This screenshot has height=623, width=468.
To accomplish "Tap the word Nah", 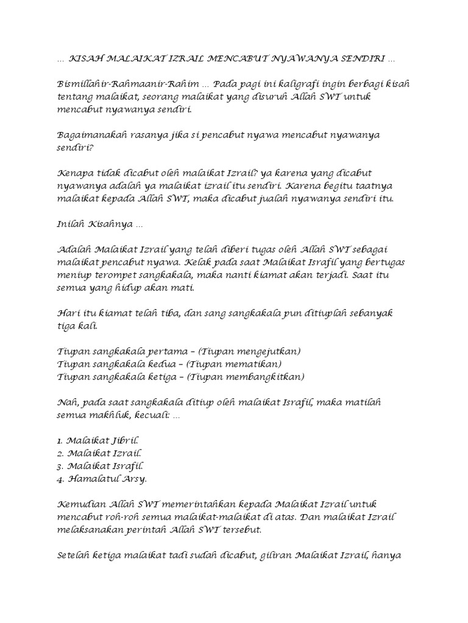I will coord(66,403).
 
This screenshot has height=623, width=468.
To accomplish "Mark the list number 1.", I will coord(60,440).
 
